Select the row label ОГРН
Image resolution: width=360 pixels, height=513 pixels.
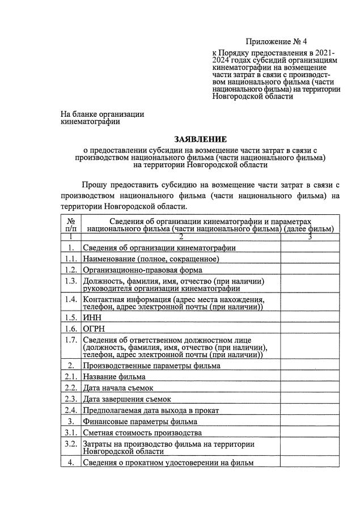pyautogui.click(x=94, y=329)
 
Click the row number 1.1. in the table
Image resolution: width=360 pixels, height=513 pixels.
pyautogui.click(x=71, y=259)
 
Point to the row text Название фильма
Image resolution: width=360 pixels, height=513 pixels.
pyautogui.click(x=115, y=376)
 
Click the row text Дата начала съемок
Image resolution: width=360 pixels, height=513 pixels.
pyautogui.click(x=120, y=388)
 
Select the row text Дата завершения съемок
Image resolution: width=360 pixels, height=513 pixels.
pyautogui.click(x=127, y=399)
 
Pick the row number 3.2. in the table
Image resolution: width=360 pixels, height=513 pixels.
pyautogui.click(x=71, y=444)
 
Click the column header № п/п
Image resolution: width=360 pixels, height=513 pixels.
pyautogui.click(x=71, y=224)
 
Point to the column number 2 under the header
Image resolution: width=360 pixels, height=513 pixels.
pyautogui.click(x=181, y=238)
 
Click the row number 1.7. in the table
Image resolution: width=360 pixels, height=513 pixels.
pyautogui.click(x=71, y=340)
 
